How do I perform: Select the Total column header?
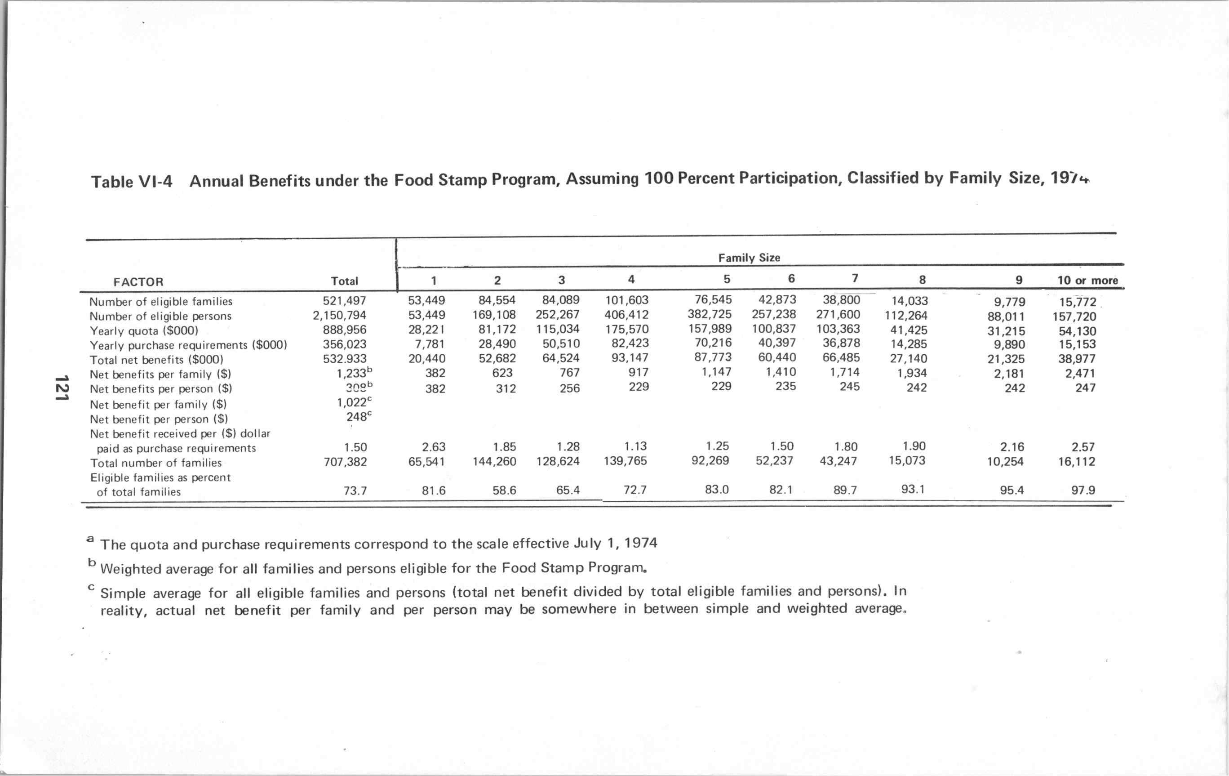pyautogui.click(x=345, y=281)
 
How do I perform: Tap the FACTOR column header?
pyautogui.click(x=138, y=281)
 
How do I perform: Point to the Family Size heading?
pyautogui.click(x=749, y=258)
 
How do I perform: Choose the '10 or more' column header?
pyautogui.click(x=1087, y=280)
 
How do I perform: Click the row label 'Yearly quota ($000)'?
pyautogui.click(x=144, y=330)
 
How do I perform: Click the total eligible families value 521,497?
pyautogui.click(x=345, y=301)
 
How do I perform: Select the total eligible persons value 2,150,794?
pyautogui.click(x=339, y=316)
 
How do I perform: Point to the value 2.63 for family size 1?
pyautogui.click(x=433, y=447)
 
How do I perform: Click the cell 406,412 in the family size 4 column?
pyautogui.click(x=626, y=314)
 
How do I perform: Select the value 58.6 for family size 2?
pyautogui.click(x=504, y=491)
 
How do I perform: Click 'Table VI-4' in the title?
pyautogui.click(x=132, y=181)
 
